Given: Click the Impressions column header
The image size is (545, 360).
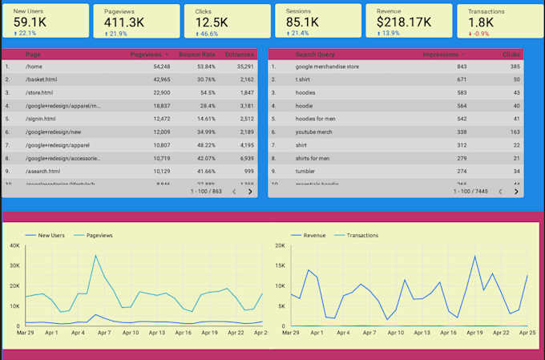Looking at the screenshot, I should coord(440,55).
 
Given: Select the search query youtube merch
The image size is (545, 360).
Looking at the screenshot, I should coord(317,131).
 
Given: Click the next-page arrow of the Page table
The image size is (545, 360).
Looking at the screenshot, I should coord(250,192).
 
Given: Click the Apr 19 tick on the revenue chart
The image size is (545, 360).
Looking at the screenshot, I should coord(474,332).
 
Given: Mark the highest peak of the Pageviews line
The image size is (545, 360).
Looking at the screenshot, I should coord(95,256).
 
